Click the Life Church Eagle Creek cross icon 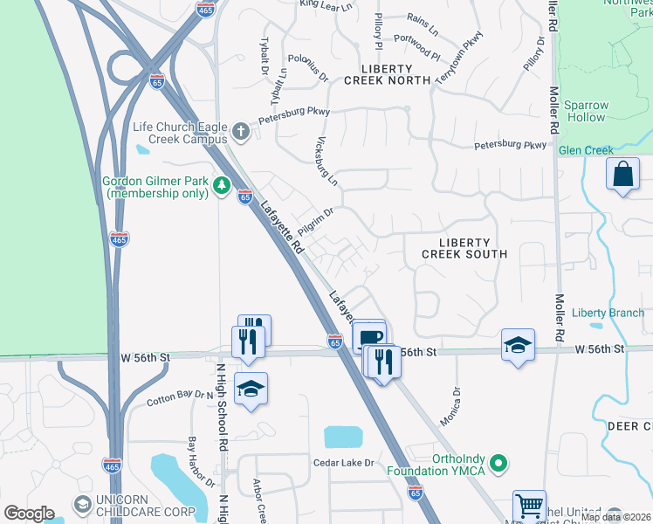coord(242,133)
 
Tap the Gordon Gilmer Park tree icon coord(223,185)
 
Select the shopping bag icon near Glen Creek coord(623,174)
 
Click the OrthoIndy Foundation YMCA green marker coord(498,462)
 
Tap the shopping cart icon coord(529,506)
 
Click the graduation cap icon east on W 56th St coord(518,345)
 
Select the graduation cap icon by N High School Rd coord(251,390)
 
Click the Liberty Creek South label coord(464,248)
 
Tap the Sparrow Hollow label coord(585,111)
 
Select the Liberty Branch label coord(608,313)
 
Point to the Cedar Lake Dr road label coord(343,462)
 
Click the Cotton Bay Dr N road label coord(180,397)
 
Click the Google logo coord(29,514)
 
